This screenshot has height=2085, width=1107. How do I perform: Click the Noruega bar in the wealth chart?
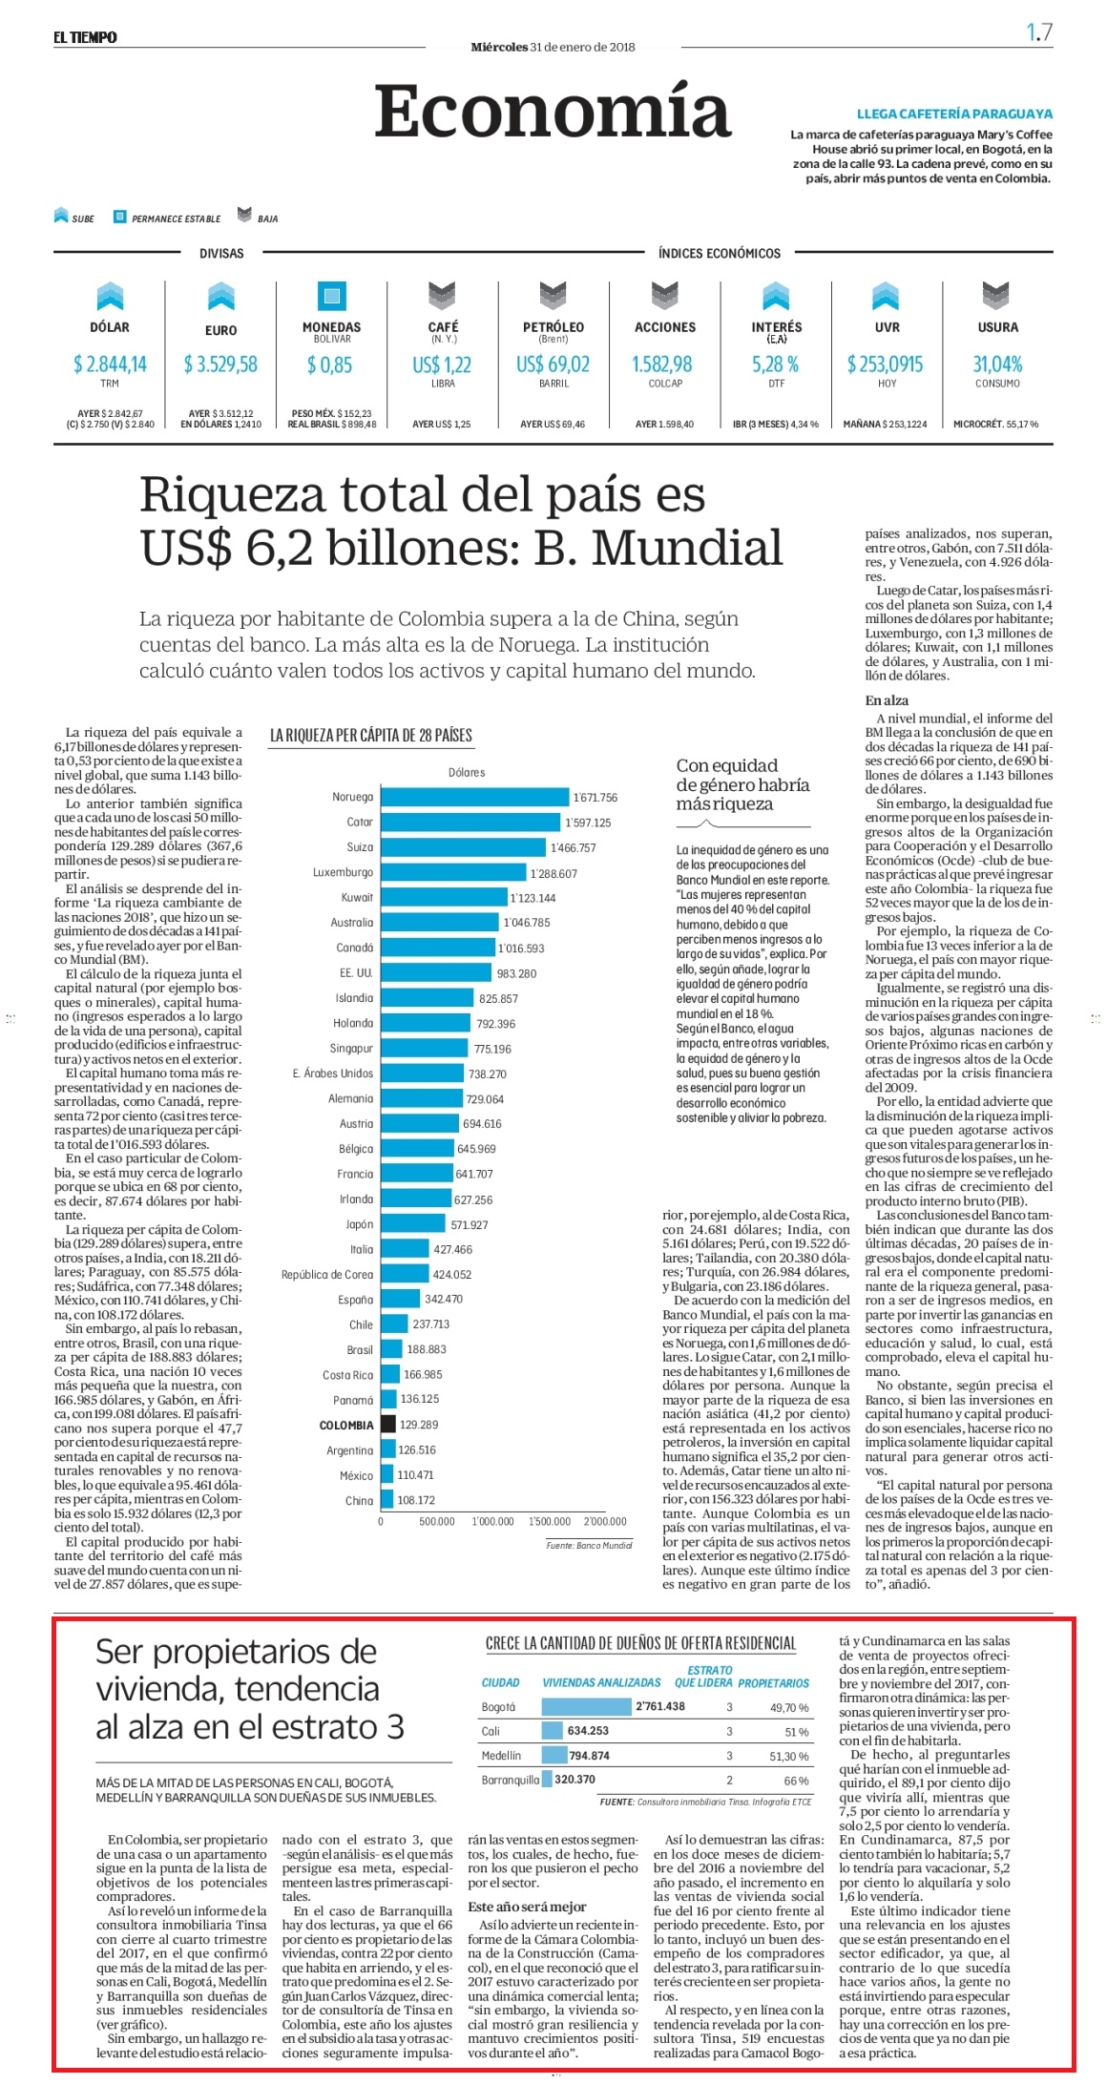click(x=475, y=797)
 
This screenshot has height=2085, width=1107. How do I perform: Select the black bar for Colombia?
click(x=388, y=1425)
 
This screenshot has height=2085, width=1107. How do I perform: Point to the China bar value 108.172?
click(x=416, y=1500)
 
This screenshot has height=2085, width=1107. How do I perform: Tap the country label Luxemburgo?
click(x=344, y=872)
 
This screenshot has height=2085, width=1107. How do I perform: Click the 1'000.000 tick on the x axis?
click(x=492, y=1522)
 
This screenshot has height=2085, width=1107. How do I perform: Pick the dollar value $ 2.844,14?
click(x=110, y=364)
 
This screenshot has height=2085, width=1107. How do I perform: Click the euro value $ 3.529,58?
click(x=220, y=365)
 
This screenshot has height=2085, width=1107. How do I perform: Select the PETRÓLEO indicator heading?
click(x=553, y=327)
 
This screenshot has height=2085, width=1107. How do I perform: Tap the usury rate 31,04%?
click(x=997, y=365)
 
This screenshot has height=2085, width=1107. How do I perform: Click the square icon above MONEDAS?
click(x=332, y=296)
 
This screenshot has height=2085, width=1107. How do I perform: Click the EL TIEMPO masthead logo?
click(x=86, y=37)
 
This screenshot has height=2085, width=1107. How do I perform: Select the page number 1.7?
click(x=1039, y=32)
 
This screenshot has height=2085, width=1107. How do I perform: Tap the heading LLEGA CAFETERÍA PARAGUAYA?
click(x=954, y=114)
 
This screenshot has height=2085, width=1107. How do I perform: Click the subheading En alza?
click(x=887, y=700)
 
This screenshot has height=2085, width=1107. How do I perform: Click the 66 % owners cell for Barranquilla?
click(x=796, y=1781)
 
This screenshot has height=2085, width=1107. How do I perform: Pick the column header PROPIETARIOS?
click(x=773, y=1683)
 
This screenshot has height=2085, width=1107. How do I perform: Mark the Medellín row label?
click(x=501, y=1756)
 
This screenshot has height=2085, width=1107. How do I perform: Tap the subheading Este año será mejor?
click(x=527, y=1907)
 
